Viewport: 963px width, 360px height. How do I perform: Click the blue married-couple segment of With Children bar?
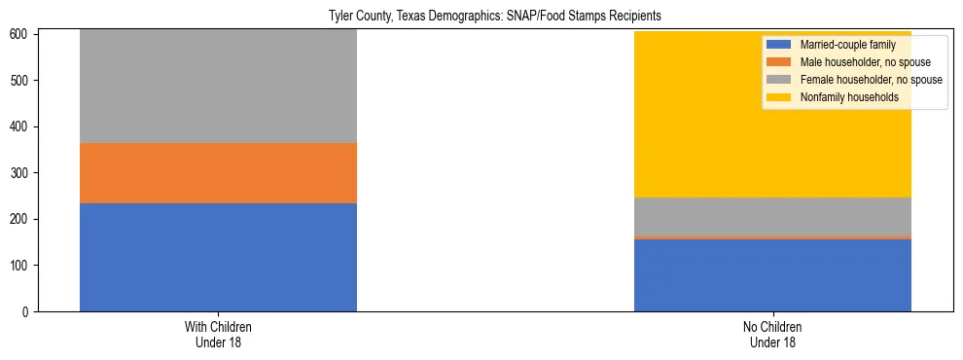218,257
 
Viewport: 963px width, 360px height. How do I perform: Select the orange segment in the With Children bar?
218,173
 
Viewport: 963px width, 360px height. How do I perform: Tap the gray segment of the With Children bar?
218,88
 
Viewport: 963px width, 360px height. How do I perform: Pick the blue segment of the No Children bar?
772,274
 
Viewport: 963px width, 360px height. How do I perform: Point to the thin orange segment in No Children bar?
772,237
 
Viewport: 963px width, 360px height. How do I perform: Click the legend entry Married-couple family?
842,46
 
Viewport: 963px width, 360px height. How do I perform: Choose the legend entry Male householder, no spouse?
856,62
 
